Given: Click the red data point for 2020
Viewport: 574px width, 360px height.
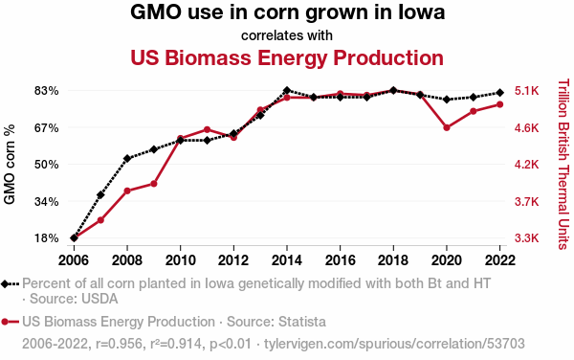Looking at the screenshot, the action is (447, 127).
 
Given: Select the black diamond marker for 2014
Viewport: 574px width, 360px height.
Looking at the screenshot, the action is (287, 90).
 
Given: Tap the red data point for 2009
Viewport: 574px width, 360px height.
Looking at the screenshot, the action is (154, 184).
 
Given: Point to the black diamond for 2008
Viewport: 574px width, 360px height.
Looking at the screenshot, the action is (127, 159).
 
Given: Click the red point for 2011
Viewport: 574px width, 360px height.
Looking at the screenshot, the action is (208, 129).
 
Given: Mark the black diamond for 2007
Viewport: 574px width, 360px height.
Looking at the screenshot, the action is (100, 194).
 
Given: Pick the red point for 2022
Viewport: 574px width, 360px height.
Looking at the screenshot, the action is (500, 104).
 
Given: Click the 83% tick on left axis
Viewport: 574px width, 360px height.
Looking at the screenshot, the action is (47, 91).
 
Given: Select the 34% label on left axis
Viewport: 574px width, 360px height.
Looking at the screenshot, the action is (47, 201).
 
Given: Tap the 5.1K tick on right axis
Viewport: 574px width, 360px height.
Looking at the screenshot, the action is (527, 91).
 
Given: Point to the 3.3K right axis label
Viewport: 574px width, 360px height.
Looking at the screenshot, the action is (527, 238).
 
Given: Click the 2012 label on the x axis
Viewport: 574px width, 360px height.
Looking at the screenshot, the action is (233, 260).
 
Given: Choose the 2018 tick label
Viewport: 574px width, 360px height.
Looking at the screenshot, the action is (393, 260).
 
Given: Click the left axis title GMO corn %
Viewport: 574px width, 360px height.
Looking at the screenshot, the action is (10, 164).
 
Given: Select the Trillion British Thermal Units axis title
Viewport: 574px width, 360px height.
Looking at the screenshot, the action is (563, 164).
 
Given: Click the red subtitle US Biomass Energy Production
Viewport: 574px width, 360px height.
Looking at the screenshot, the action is (287, 57).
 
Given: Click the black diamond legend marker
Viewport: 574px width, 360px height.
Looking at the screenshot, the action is (5, 283).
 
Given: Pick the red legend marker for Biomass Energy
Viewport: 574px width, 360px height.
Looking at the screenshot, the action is (5, 322).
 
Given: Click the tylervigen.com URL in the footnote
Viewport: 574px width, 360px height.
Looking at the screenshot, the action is (394, 344).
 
